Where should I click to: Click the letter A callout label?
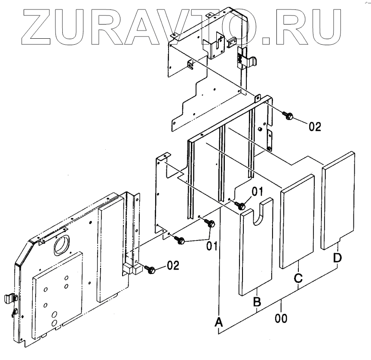(219, 322)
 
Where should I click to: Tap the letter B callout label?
(257, 302)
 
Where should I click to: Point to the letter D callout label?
(338, 258)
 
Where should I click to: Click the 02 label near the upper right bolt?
(315, 126)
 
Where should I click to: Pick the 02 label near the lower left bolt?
(172, 265)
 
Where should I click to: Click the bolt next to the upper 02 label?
(288, 115)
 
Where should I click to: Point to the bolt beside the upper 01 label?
(242, 206)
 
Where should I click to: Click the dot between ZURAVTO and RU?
(267, 40)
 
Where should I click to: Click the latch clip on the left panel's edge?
(11, 298)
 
